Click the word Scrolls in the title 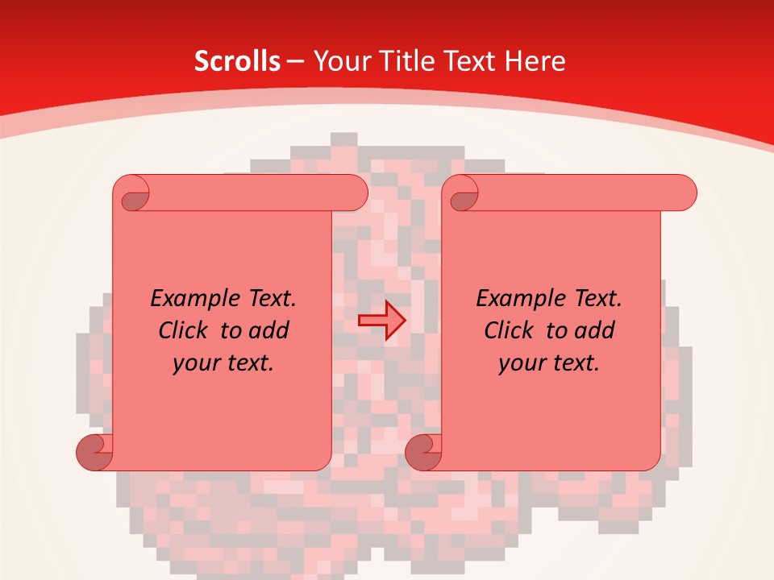(237, 61)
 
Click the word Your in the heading (339, 61)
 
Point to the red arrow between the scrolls (382, 321)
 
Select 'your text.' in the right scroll (549, 362)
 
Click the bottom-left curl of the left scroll (94, 451)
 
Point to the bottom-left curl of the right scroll (422, 451)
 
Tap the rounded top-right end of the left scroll (356, 193)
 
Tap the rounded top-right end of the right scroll (685, 193)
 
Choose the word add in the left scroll (269, 330)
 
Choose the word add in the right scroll (595, 330)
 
